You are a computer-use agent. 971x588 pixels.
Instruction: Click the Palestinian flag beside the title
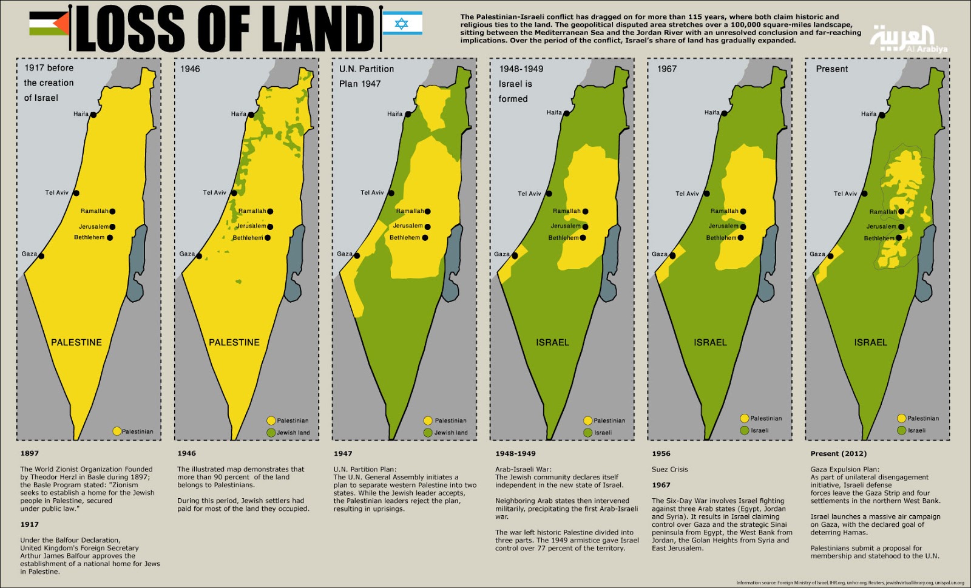(x=49, y=24)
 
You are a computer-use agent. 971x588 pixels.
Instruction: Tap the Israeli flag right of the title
(x=402, y=23)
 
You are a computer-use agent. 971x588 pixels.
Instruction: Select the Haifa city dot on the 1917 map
(x=93, y=115)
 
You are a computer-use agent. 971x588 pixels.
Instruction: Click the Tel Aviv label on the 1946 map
(x=214, y=193)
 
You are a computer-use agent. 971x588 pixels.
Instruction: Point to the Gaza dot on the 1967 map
(x=672, y=255)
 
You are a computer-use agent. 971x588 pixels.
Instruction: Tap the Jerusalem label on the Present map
(x=881, y=227)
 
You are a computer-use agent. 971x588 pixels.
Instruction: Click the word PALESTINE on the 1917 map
(x=76, y=343)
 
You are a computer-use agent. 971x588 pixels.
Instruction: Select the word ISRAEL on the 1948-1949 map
(x=552, y=343)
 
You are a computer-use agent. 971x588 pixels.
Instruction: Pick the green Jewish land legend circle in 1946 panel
(x=271, y=433)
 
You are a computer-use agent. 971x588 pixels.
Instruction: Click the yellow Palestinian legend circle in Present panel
(x=901, y=418)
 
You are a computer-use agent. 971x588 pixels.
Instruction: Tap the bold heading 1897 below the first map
(x=29, y=453)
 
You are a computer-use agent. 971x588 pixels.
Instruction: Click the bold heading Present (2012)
(x=838, y=454)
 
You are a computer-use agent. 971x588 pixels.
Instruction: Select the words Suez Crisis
(x=669, y=470)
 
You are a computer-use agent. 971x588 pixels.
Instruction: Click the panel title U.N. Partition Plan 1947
(x=367, y=76)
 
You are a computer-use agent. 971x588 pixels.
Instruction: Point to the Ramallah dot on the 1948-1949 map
(x=586, y=212)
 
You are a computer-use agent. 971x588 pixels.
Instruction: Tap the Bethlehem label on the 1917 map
(x=89, y=238)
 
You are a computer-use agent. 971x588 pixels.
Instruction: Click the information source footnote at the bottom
(x=850, y=583)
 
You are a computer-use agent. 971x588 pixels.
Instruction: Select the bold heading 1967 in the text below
(x=661, y=485)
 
